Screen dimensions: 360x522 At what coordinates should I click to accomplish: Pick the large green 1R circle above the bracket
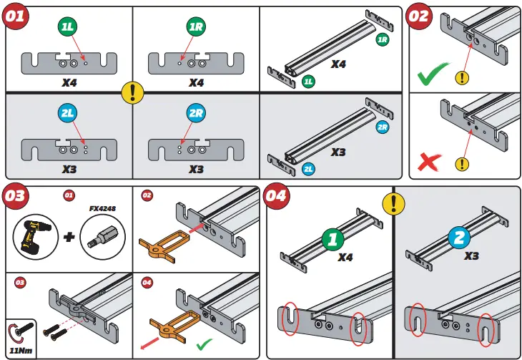coord(196,26)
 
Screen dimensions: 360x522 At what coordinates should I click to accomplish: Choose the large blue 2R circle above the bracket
coord(196,112)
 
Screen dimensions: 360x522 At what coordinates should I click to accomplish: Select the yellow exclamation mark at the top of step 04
coord(393,205)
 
